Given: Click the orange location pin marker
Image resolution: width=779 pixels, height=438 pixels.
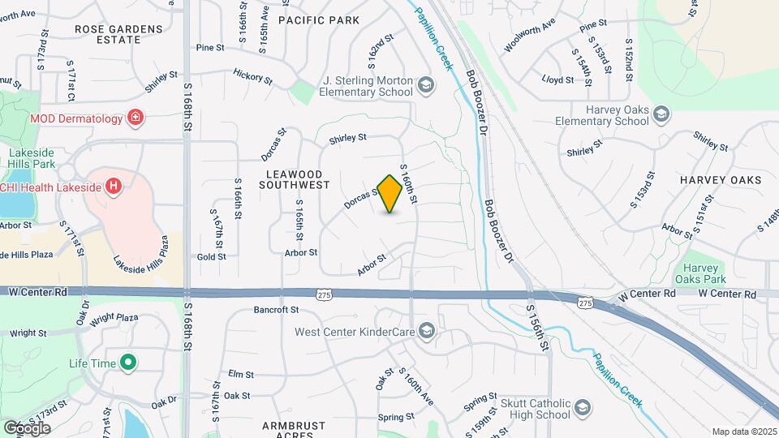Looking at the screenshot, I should tap(390, 193).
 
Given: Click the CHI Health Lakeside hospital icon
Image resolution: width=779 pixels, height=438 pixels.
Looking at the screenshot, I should tap(114, 187).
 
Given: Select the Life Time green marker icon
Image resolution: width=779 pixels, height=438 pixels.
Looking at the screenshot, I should tap(127, 363).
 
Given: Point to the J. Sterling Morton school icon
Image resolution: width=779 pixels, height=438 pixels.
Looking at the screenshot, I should tap(425, 84).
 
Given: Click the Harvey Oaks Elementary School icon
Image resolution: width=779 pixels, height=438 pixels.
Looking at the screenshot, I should tap(661, 114).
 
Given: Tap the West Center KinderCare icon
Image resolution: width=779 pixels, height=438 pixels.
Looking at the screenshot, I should tap(428, 331).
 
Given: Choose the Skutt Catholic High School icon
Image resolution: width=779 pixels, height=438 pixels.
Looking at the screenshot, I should tap(582, 407).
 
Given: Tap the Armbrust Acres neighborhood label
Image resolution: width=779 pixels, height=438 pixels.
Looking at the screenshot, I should tap(294, 430).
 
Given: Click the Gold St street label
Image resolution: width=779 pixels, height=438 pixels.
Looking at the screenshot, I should tap(211, 256).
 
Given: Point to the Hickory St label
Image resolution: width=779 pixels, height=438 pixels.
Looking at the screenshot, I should tap(252, 77).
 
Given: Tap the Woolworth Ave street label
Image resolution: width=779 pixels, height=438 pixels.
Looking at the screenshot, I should tap(529, 38).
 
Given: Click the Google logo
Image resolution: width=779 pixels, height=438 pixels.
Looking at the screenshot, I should tap(27, 427).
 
